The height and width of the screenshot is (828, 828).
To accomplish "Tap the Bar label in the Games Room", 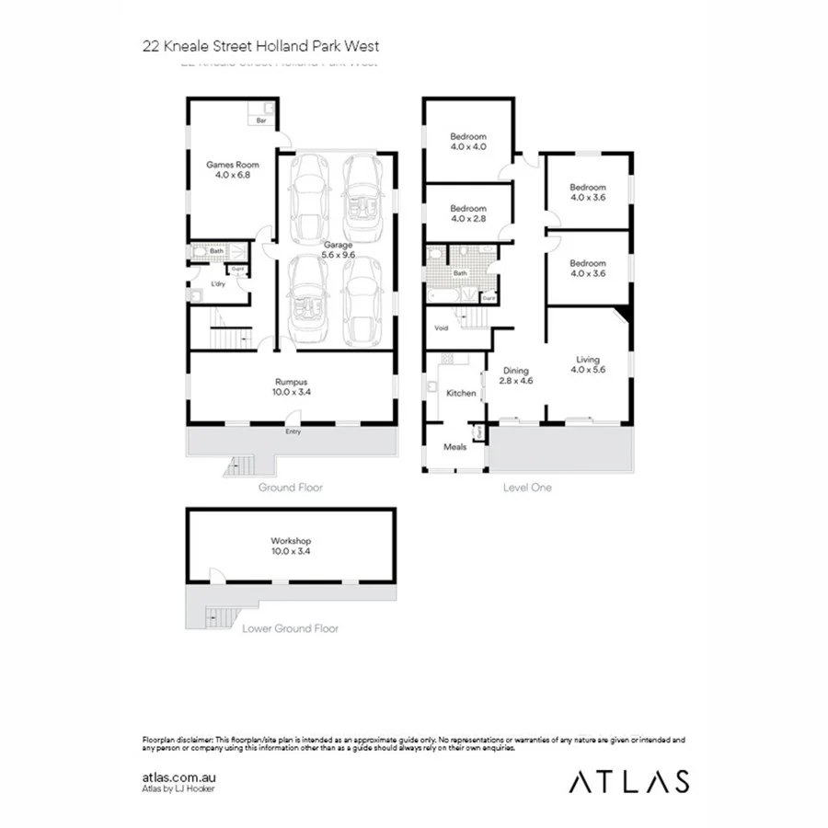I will coord(260,121).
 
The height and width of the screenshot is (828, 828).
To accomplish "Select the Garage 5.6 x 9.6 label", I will coord(337,249).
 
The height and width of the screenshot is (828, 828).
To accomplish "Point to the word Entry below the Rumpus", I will coord(293,431).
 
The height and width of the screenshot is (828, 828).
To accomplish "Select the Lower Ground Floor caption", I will coord(290,629).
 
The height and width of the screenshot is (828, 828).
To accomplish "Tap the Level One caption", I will coord(527,488).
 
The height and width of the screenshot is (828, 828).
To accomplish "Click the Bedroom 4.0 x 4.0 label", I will coord(467,142).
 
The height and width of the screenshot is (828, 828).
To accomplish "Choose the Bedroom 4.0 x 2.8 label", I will coord(467,213).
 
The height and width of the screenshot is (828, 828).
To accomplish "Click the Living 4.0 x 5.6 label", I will coord(588,364).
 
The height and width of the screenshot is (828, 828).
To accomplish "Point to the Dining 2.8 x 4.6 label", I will coord(515,374).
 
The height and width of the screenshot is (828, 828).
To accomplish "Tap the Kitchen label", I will coord(461,393).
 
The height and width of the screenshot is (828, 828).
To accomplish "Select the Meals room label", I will coord(455,448).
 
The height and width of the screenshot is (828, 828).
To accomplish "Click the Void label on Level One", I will coord(442,328).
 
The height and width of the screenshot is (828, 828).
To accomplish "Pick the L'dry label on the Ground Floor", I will coord(218,283).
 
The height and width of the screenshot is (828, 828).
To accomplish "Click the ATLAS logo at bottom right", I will coord(628,782).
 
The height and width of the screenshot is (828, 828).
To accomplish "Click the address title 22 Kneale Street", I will coord(260,44).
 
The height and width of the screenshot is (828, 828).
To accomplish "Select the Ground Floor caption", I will coord(290,488).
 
